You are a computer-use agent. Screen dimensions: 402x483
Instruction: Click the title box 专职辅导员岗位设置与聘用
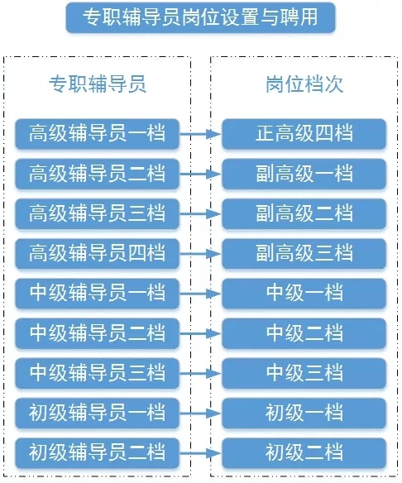click(200, 17)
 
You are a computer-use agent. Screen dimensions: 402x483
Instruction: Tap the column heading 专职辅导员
click(98, 84)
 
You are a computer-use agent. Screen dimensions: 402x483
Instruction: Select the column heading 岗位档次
click(304, 84)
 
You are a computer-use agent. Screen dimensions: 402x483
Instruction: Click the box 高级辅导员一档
click(97, 134)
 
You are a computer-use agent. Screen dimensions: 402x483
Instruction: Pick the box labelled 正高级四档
click(304, 134)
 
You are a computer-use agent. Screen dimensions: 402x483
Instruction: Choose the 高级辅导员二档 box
click(97, 174)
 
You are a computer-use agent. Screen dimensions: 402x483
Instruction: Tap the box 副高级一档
click(304, 174)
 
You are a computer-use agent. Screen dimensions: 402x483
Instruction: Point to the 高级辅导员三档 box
click(97, 213)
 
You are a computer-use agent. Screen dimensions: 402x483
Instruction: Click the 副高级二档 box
click(304, 213)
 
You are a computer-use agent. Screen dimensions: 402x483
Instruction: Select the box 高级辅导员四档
click(97, 254)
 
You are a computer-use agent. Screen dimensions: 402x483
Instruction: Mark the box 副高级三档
click(304, 254)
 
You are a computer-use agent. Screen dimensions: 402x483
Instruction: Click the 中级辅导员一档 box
click(97, 294)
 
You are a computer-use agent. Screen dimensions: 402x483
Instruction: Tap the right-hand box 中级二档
click(304, 333)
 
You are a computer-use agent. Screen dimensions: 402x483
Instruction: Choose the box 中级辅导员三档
click(97, 373)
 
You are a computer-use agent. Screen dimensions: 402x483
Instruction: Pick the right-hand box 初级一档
click(304, 413)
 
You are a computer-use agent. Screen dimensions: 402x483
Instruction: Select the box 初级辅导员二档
click(97, 453)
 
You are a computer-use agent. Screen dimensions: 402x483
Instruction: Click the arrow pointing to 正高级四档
click(200, 134)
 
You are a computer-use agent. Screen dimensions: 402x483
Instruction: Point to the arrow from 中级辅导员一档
click(200, 294)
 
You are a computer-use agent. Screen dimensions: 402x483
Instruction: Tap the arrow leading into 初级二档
click(200, 453)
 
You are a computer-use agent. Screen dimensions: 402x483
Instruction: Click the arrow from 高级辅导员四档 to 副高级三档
click(200, 254)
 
